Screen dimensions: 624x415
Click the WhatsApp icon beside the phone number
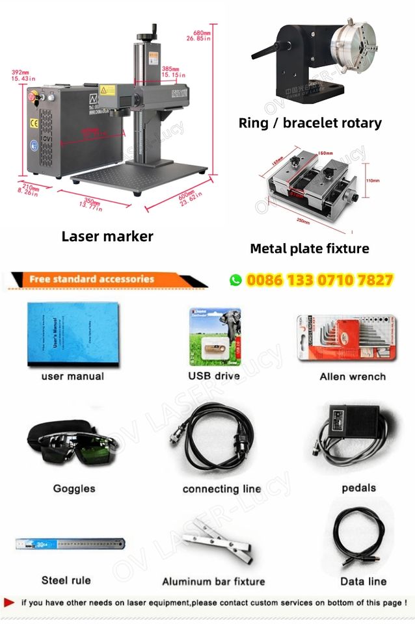click(x=235, y=280)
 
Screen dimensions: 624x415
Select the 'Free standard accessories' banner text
click(x=92, y=279)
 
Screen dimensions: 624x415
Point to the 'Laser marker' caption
click(x=107, y=236)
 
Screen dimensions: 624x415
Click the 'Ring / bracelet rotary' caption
click(x=310, y=122)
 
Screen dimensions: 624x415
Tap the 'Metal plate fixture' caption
click(x=309, y=248)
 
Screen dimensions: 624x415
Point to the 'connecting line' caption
click(x=221, y=489)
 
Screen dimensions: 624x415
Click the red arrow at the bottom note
click(x=9, y=603)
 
